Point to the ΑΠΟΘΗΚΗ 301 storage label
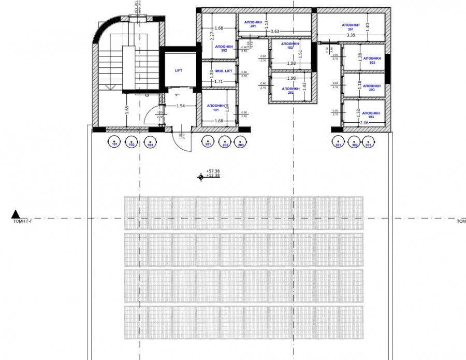(x=351, y=27)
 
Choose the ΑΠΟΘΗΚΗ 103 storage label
(x=371, y=115)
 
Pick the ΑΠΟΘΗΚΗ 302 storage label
(x=224, y=48)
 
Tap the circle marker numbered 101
(x=114, y=141)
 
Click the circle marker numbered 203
(x=240, y=141)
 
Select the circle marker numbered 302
(x=354, y=141)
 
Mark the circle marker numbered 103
(x=150, y=141)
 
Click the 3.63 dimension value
(x=275, y=32)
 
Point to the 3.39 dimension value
(x=351, y=35)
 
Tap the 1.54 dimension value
(x=180, y=106)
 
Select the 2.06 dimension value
(x=365, y=123)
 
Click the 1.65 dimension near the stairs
(x=126, y=110)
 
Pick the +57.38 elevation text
(x=213, y=170)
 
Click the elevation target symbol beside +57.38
(x=200, y=177)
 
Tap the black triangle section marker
(x=16, y=213)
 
